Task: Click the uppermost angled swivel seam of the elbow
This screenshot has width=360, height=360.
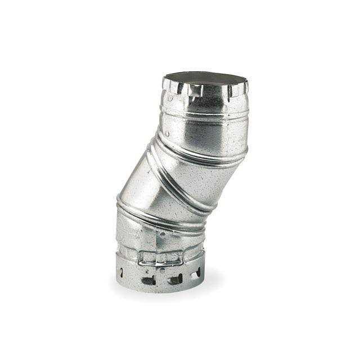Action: pyautogui.click(x=202, y=151)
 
